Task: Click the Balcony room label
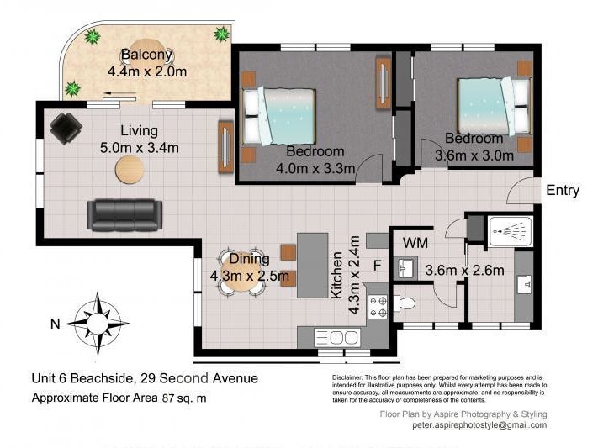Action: (x=147, y=55)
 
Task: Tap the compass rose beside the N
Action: (x=98, y=324)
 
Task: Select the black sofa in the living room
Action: (x=124, y=215)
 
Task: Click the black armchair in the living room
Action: (x=66, y=128)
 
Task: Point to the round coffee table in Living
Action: (x=130, y=170)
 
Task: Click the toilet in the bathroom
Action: (x=404, y=303)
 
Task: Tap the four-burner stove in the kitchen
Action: (x=378, y=307)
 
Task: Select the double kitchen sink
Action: (x=336, y=338)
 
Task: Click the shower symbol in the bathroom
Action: (x=511, y=231)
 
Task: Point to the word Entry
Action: (x=563, y=190)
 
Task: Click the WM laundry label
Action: (x=415, y=243)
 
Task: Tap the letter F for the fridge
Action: (x=377, y=266)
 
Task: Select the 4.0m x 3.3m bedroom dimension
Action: (x=315, y=168)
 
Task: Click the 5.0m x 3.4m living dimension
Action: (x=140, y=148)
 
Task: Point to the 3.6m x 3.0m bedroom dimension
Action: (x=474, y=155)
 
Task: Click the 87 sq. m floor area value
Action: (x=184, y=398)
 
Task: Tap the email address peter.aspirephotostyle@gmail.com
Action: (x=479, y=424)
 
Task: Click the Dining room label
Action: (x=249, y=259)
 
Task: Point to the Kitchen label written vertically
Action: (x=336, y=275)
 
